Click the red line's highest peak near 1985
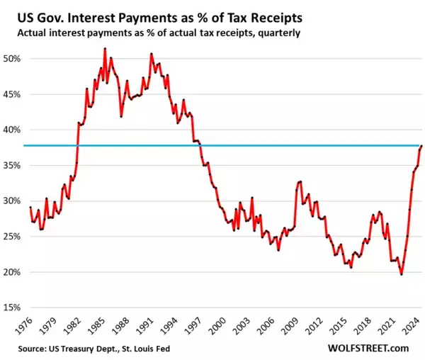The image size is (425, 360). [105, 48]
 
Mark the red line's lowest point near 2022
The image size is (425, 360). [402, 274]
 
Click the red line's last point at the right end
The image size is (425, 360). [422, 146]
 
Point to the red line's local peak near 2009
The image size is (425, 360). [300, 181]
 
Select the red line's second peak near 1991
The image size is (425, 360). [152, 54]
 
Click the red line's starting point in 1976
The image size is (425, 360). [30, 208]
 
